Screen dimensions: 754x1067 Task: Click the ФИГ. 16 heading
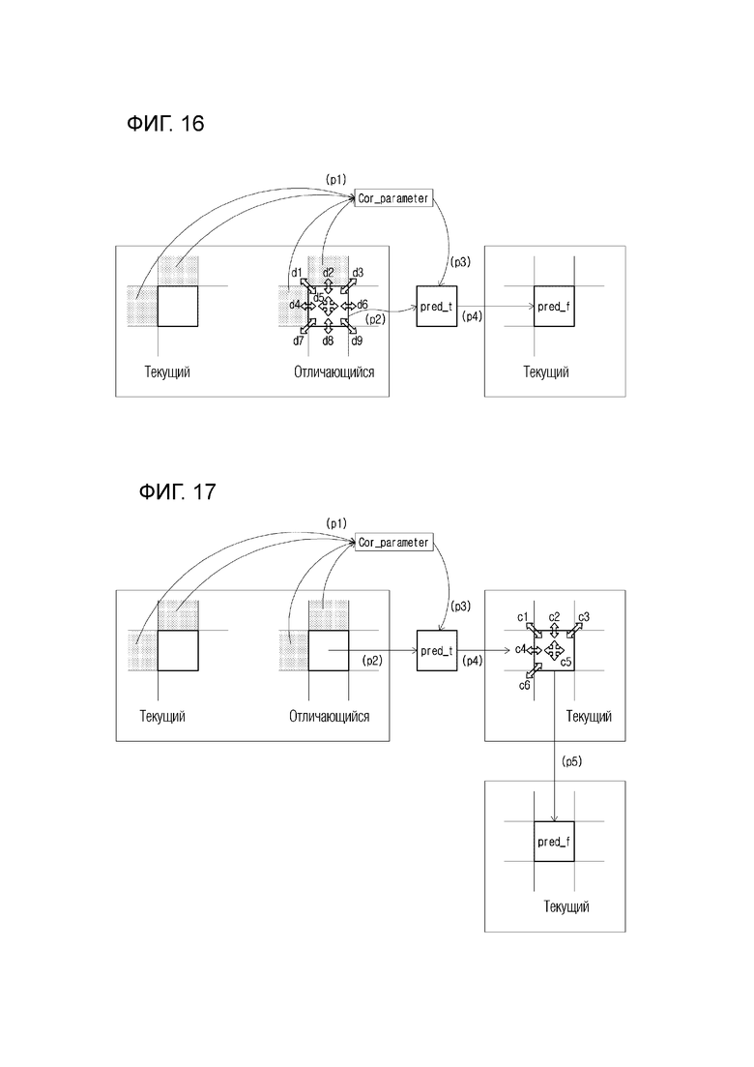click(165, 123)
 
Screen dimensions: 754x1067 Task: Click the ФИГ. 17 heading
click(178, 491)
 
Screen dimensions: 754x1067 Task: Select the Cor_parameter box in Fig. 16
click(393, 198)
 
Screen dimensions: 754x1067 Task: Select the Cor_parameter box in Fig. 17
click(393, 543)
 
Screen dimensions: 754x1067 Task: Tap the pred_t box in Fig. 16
click(437, 307)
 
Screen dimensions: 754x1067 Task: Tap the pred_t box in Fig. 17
click(437, 650)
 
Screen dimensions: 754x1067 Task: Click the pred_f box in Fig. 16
click(554, 307)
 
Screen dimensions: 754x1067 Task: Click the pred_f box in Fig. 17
click(554, 841)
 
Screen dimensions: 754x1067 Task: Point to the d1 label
click(297, 272)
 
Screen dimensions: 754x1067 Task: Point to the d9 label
click(357, 341)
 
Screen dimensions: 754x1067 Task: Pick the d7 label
click(299, 341)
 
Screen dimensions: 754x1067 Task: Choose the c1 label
click(522, 617)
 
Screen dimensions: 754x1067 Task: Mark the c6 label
click(524, 685)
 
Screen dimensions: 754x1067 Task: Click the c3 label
click(583, 617)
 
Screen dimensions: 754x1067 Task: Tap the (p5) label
click(572, 761)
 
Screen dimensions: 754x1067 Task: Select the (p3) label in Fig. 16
click(460, 262)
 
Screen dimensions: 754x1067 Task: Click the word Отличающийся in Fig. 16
click(333, 372)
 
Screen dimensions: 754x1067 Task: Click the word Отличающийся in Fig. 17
click(329, 717)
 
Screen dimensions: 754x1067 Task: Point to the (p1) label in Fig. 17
click(335, 523)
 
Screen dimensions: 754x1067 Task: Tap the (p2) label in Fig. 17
click(372, 660)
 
